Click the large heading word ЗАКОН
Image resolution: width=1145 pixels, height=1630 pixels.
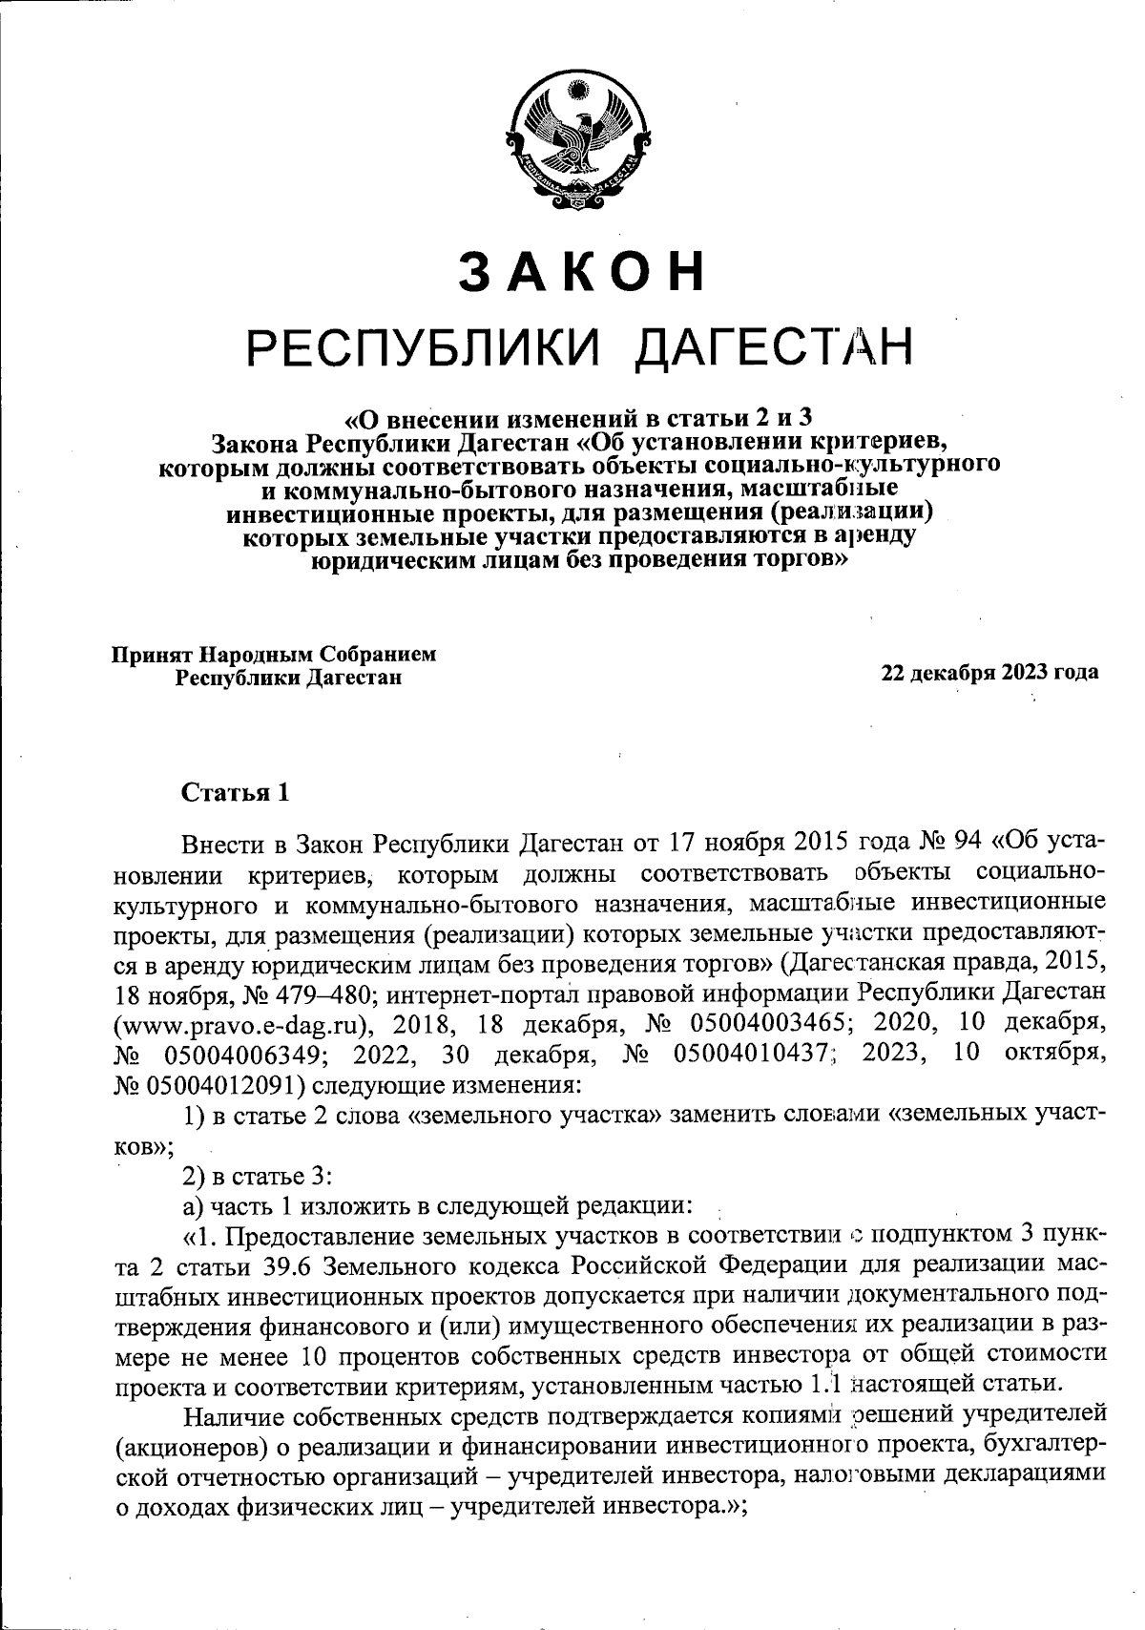point(582,272)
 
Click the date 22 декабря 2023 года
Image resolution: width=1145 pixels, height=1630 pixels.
point(989,672)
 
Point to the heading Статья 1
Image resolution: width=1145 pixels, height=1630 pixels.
point(235,793)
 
